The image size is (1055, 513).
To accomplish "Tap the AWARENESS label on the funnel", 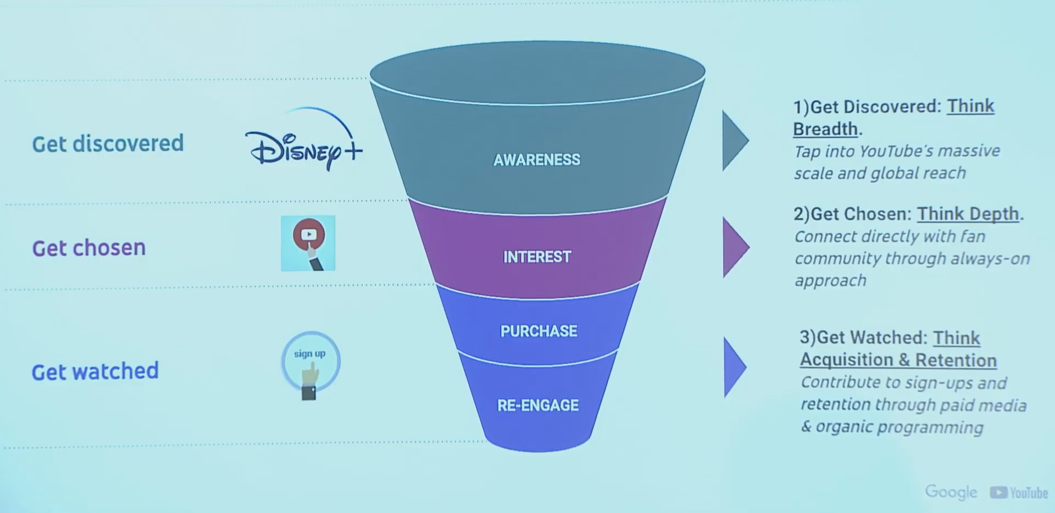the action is pyautogui.click(x=537, y=160).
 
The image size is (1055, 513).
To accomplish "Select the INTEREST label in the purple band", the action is pyautogui.click(x=537, y=256).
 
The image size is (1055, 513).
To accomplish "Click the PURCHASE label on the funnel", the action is pyautogui.click(x=538, y=331).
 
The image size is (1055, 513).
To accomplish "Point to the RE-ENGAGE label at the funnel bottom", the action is pyautogui.click(x=538, y=405).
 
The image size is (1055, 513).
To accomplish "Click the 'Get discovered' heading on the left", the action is pyautogui.click(x=108, y=143).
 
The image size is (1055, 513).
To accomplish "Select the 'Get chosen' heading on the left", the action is pyautogui.click(x=89, y=248).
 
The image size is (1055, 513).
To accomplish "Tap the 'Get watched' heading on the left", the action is pyautogui.click(x=95, y=371).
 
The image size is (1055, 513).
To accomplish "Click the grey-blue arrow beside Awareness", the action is pyautogui.click(x=735, y=140).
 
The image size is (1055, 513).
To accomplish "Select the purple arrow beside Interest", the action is pyautogui.click(x=736, y=247).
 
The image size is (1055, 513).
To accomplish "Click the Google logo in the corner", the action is pyautogui.click(x=951, y=492).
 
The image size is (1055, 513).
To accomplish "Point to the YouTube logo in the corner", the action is pyautogui.click(x=1019, y=493).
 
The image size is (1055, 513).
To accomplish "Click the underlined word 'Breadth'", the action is pyautogui.click(x=825, y=129).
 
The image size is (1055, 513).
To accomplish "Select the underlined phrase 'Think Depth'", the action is pyautogui.click(x=968, y=214).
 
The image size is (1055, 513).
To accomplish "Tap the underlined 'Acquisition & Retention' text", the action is pyautogui.click(x=898, y=360).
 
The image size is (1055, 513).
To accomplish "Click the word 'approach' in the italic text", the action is pyautogui.click(x=830, y=281).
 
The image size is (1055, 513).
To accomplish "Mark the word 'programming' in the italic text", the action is pyautogui.click(x=930, y=428).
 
